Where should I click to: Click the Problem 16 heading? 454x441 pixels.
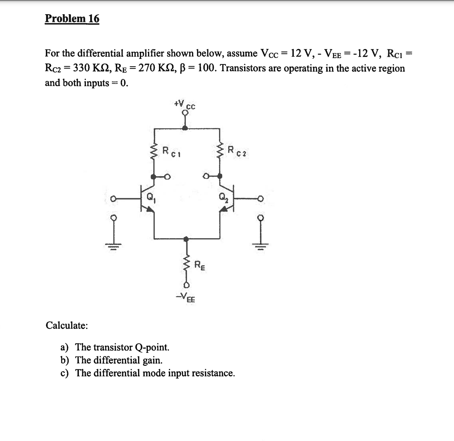(x=72, y=18)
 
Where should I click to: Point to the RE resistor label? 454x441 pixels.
(x=199, y=265)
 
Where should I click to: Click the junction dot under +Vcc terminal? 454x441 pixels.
(x=185, y=128)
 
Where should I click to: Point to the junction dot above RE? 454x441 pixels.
(x=186, y=239)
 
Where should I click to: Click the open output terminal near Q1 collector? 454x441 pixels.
(x=168, y=176)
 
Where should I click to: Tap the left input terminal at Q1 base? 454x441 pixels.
(x=113, y=200)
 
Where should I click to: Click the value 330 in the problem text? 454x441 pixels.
(x=81, y=68)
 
